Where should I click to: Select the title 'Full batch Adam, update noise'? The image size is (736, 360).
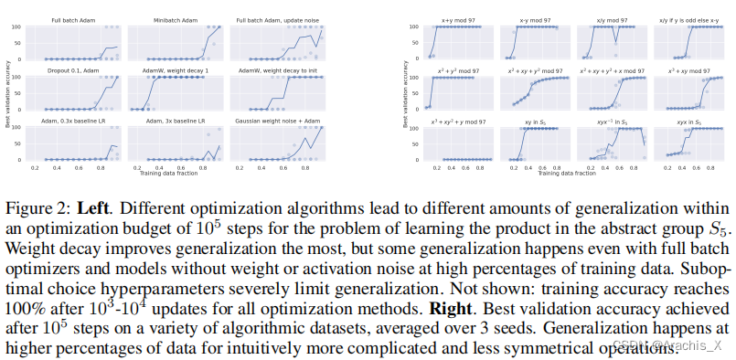pos(272,19)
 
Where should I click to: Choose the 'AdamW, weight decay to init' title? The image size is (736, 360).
pos(272,69)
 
